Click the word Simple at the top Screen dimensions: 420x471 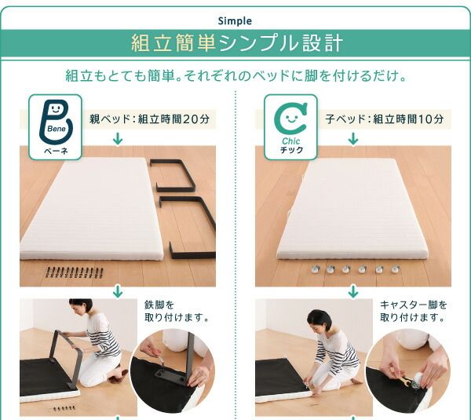pyautogui.click(x=235, y=21)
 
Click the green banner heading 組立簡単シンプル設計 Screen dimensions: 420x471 pyautogui.click(x=235, y=43)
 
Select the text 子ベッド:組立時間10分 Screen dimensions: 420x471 pyautogui.click(x=384, y=119)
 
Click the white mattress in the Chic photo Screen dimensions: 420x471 pyautogui.click(x=353, y=208)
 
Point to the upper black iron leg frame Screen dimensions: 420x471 pyautogui.click(x=177, y=175)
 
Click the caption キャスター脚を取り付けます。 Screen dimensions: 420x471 pyautogui.click(x=413, y=311)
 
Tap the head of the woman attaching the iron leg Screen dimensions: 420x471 pyautogui.click(x=81, y=307)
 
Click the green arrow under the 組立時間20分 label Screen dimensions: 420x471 pyautogui.click(x=118, y=139)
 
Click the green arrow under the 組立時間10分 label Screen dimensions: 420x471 pyautogui.click(x=353, y=139)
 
